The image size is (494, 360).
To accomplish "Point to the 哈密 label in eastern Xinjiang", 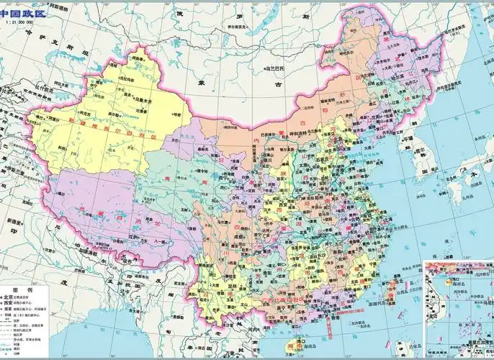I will click(176, 114).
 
